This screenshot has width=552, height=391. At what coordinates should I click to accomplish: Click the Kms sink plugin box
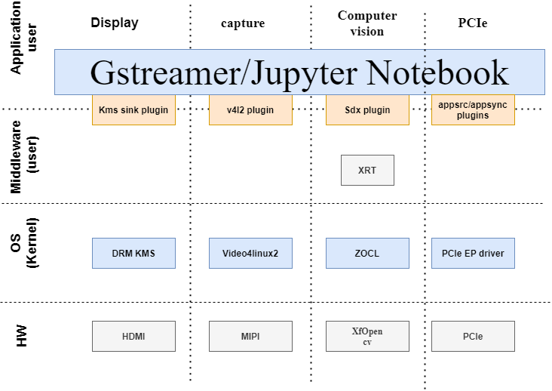pos(133,110)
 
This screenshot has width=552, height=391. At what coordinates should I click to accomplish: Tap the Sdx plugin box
pos(367,110)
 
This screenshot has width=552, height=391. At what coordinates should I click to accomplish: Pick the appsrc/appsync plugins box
pos(473,110)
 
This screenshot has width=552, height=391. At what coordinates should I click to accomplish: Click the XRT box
pos(367,171)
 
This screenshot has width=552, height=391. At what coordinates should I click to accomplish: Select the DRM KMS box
pos(133,254)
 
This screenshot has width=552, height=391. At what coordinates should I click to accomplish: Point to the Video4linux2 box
pos(250,254)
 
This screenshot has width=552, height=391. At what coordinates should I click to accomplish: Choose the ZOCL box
pos(367,254)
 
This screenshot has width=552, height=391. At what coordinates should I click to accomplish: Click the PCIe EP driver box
pos(473,254)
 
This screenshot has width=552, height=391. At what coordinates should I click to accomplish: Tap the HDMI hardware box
pos(133,336)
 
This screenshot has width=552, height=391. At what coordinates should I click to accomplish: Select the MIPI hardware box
pos(250,336)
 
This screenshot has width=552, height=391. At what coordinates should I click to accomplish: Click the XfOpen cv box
pos(367,336)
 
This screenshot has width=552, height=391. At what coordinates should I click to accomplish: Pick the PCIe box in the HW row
pos(473,336)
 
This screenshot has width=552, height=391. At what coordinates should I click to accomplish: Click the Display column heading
pos(115,23)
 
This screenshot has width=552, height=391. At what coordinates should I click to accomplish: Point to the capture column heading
pos(243,23)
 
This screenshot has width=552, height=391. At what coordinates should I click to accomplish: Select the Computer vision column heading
pos(367,23)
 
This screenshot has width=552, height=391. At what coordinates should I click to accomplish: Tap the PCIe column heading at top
pos(473,23)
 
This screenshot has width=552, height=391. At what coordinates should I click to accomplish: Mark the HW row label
pos(23,337)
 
